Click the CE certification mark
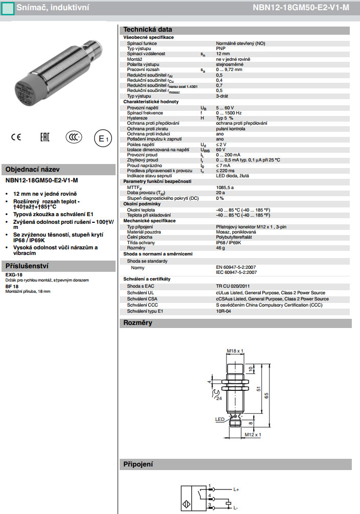tap(16, 137)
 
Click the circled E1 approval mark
tap(103, 138)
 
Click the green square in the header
tap(7, 8)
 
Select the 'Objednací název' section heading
tap(32, 170)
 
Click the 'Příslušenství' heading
tap(27, 266)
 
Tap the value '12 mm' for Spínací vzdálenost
tap(222, 54)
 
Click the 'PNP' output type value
tap(220, 49)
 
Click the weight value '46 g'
tap(220, 248)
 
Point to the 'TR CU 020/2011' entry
tap(233, 286)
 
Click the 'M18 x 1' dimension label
tap(235, 351)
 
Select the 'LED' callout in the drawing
tap(220, 419)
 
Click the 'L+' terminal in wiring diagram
tap(236, 490)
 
